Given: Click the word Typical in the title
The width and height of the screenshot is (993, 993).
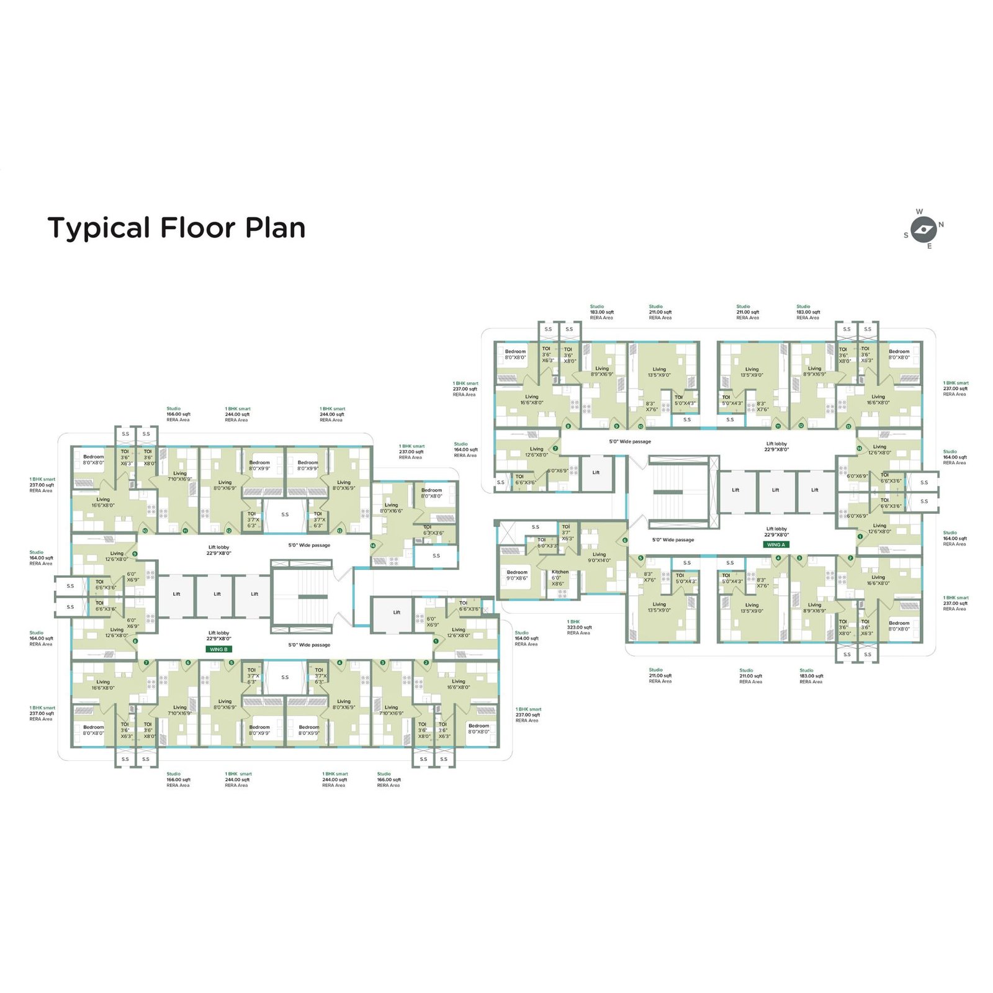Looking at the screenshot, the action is tap(99, 228).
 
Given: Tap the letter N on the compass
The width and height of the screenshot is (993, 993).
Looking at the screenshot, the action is tap(941, 225).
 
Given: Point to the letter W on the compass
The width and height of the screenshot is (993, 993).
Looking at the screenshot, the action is tap(919, 212).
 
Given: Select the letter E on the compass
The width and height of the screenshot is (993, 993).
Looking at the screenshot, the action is tap(929, 246).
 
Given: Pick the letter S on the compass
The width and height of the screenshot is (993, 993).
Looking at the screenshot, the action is tap(906, 235).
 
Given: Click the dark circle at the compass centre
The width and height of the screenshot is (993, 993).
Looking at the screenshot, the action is tap(924, 230).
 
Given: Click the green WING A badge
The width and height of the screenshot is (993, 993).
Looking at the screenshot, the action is tap(776, 544).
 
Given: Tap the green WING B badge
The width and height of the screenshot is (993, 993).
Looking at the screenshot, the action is tap(218, 649).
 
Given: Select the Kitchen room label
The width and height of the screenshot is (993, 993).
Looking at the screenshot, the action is tap(560, 572).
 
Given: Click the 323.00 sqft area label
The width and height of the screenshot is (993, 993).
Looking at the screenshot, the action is tap(579, 627).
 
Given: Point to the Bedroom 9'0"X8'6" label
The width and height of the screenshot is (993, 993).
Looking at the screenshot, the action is tap(517, 575).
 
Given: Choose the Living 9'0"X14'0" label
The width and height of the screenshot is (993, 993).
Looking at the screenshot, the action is tap(599, 557).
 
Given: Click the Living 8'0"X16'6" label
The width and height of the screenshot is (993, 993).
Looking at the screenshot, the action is tap(391, 508).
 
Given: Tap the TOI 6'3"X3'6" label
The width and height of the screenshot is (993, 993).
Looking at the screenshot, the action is tap(433, 530).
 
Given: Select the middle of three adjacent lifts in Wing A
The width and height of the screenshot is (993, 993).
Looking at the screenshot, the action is tap(775, 490).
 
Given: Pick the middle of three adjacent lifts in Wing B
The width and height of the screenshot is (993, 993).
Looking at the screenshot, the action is tap(217, 594).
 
